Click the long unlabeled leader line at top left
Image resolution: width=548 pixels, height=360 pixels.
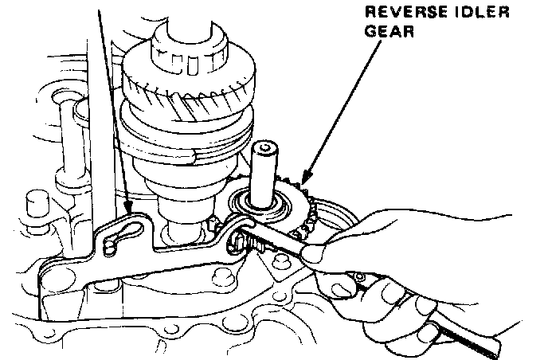coord(112,104)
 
